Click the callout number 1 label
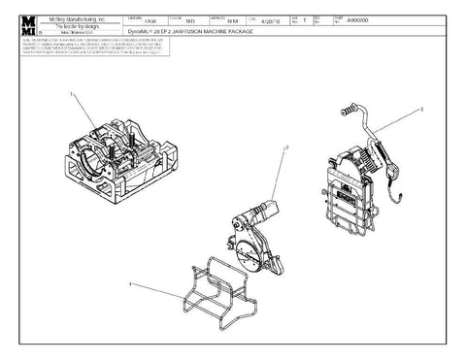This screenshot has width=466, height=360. click(x=71, y=93)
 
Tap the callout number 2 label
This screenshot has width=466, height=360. click(x=286, y=147)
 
